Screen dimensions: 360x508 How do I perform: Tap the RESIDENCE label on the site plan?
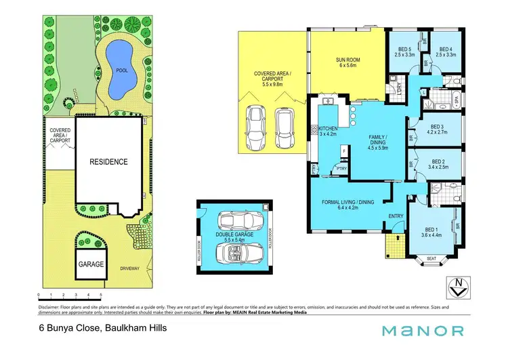coord(108,162)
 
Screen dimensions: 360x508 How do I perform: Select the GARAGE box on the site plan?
coord(91,263)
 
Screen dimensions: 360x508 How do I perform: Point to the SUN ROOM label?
coord(348,60)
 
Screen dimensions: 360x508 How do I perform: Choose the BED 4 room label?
coord(444,49)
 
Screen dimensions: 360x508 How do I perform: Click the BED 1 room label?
coord(432,230)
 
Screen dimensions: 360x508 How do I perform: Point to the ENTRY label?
coord(394,216)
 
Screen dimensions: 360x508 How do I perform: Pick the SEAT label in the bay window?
coord(431,258)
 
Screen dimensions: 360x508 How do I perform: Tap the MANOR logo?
coord(423,330)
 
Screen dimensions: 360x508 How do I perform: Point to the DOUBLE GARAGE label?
coord(234,234)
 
